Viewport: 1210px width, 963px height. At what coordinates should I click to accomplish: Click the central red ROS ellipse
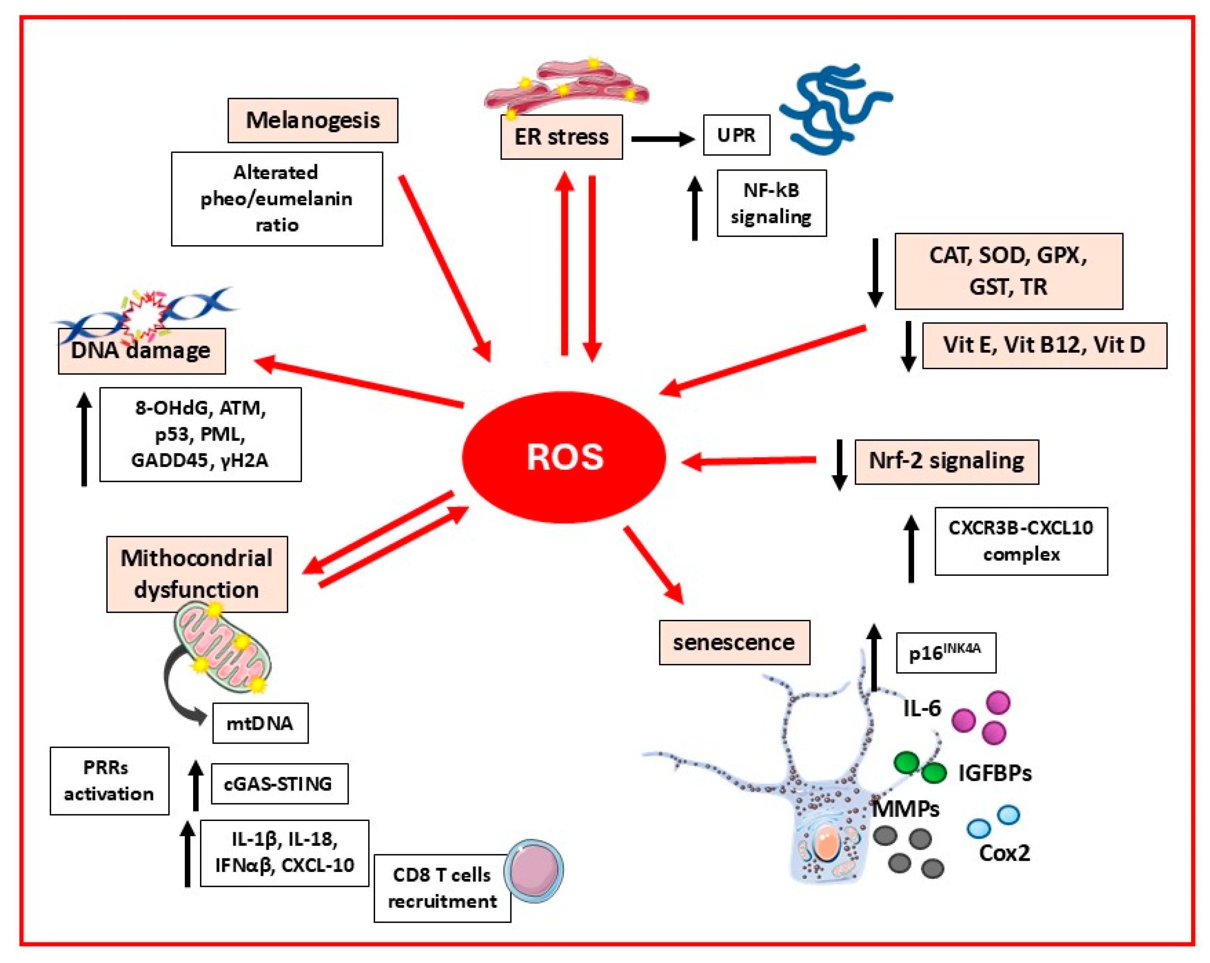[563, 457]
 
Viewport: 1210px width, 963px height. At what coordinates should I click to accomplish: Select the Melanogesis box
[312, 120]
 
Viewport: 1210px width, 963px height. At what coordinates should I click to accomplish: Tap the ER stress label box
[561, 137]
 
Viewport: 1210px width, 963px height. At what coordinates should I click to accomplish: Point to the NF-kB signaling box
[772, 203]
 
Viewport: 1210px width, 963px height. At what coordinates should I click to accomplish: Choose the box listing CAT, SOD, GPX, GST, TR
[1008, 271]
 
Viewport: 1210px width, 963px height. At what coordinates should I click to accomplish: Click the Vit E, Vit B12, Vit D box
[1045, 345]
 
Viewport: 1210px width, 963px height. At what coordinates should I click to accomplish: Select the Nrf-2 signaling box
[946, 461]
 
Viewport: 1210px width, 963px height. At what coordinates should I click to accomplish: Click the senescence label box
[734, 642]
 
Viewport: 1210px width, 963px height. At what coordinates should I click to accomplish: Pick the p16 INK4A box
[946, 652]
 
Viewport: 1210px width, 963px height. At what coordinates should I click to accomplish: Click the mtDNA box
[260, 723]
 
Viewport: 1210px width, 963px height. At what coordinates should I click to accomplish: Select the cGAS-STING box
[279, 784]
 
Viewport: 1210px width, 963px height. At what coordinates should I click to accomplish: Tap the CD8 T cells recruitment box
[442, 888]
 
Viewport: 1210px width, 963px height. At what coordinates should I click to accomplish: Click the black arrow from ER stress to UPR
[662, 138]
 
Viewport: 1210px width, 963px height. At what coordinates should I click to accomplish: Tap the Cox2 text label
[1004, 853]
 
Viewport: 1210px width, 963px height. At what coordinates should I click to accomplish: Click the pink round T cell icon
[533, 870]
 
